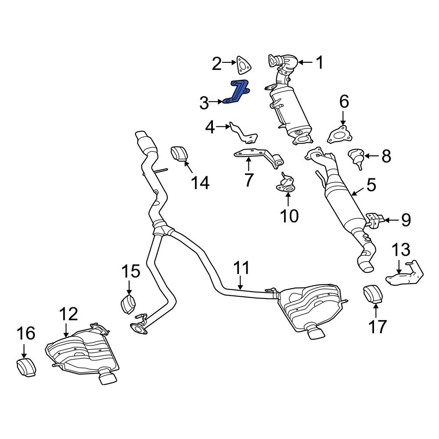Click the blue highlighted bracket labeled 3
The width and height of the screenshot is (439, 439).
click(x=237, y=93)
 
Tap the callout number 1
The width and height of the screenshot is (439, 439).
click(x=320, y=63)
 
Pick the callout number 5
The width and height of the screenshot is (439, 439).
click(x=371, y=185)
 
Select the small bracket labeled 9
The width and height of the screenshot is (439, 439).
click(x=374, y=220)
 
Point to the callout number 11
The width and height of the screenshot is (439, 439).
click(x=241, y=268)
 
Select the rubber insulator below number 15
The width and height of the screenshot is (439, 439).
click(x=128, y=305)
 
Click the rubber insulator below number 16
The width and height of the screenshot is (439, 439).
click(x=26, y=367)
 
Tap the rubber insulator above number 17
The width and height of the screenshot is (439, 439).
click(x=373, y=294)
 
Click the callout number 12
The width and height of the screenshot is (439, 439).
click(x=68, y=314)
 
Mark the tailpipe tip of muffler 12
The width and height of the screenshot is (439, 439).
click(x=107, y=378)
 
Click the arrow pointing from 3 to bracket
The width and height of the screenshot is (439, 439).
click(x=217, y=102)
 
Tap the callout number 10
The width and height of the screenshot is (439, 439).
click(x=289, y=215)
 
